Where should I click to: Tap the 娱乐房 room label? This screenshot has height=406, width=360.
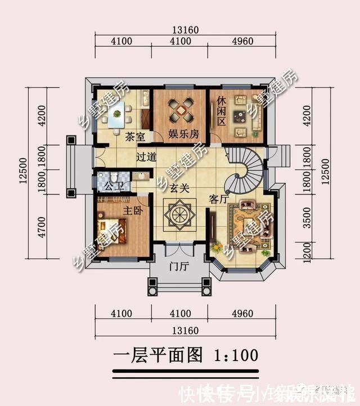(x=183, y=134)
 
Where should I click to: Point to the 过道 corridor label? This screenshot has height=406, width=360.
(x=146, y=158)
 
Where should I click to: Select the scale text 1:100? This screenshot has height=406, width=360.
(x=236, y=355)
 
